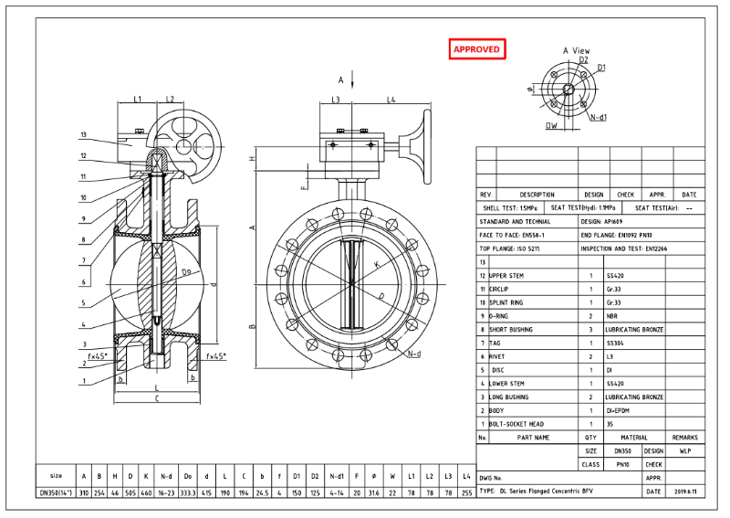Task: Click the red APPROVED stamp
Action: [477, 49]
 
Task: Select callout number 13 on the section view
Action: [82, 135]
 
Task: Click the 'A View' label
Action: [576, 50]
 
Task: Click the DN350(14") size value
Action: [57, 492]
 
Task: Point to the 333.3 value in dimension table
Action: [187, 492]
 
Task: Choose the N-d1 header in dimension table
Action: [338, 476]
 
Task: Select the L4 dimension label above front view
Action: [391, 100]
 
